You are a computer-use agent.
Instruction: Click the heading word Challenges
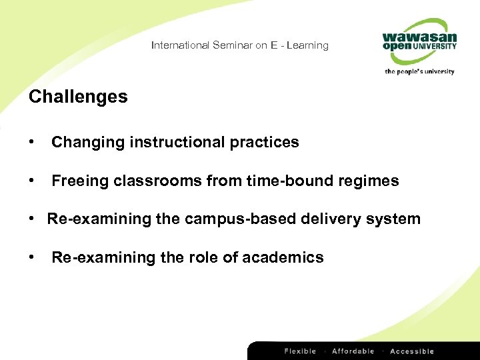point(78,97)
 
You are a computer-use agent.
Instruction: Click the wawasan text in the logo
point(419,37)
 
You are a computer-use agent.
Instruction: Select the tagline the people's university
point(419,71)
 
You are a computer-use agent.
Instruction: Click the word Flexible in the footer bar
point(301,351)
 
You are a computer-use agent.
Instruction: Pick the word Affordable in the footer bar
point(353,351)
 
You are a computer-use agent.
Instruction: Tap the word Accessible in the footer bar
point(411,351)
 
